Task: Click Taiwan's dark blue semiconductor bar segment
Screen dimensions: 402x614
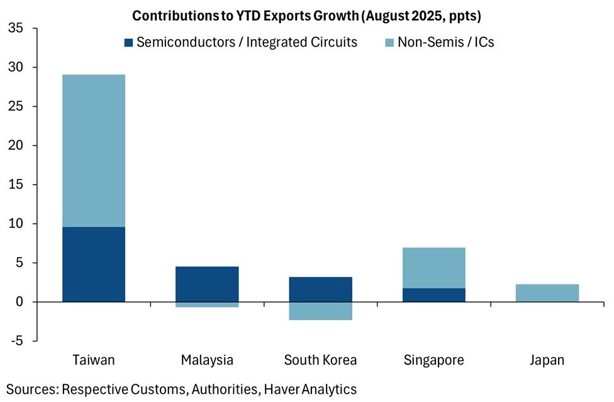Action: tap(94, 264)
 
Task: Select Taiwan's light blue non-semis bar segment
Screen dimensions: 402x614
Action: tap(94, 151)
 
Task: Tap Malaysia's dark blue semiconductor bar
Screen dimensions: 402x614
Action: tap(207, 284)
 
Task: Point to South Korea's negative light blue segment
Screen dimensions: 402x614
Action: tap(320, 311)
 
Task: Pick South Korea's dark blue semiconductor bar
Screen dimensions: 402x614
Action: tap(320, 289)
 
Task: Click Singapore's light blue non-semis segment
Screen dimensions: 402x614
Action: tap(433, 268)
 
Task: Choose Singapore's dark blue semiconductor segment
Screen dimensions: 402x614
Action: tap(433, 295)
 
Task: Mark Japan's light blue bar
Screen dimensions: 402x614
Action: tap(547, 293)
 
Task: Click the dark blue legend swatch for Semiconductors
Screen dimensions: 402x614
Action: tap(128, 43)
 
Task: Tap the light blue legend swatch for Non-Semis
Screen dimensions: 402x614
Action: tap(388, 43)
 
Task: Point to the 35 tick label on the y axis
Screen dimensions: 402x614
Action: tap(16, 28)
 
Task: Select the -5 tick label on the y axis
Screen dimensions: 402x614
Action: tap(18, 341)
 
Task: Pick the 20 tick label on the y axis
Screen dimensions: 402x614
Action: tap(16, 146)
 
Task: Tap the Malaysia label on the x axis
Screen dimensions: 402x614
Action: tap(207, 360)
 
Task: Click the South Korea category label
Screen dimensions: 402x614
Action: tap(320, 360)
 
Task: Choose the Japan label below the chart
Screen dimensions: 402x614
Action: tap(547, 360)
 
